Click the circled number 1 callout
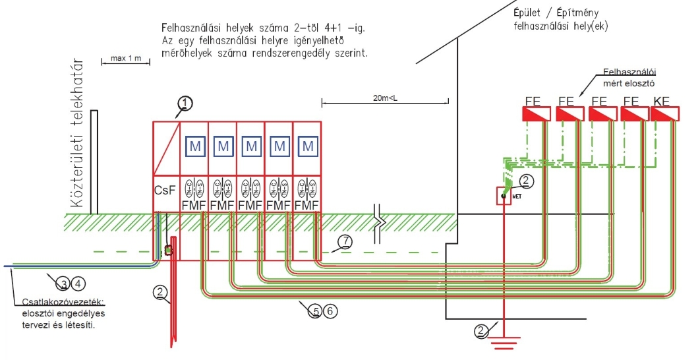point(187,103)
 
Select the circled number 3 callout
point(63,284)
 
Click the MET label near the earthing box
point(517,196)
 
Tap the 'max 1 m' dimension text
point(126,59)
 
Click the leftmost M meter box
point(194,146)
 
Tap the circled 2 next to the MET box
point(525,180)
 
